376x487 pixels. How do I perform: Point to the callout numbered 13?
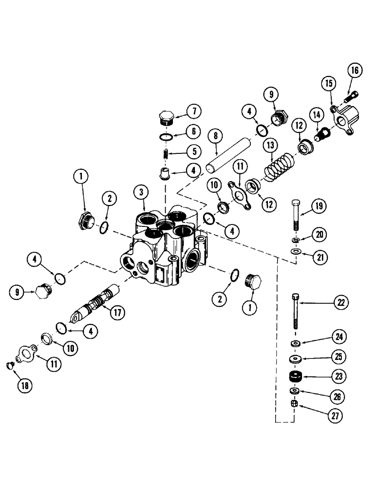(270, 146)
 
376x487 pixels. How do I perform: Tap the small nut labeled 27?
(294, 404)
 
